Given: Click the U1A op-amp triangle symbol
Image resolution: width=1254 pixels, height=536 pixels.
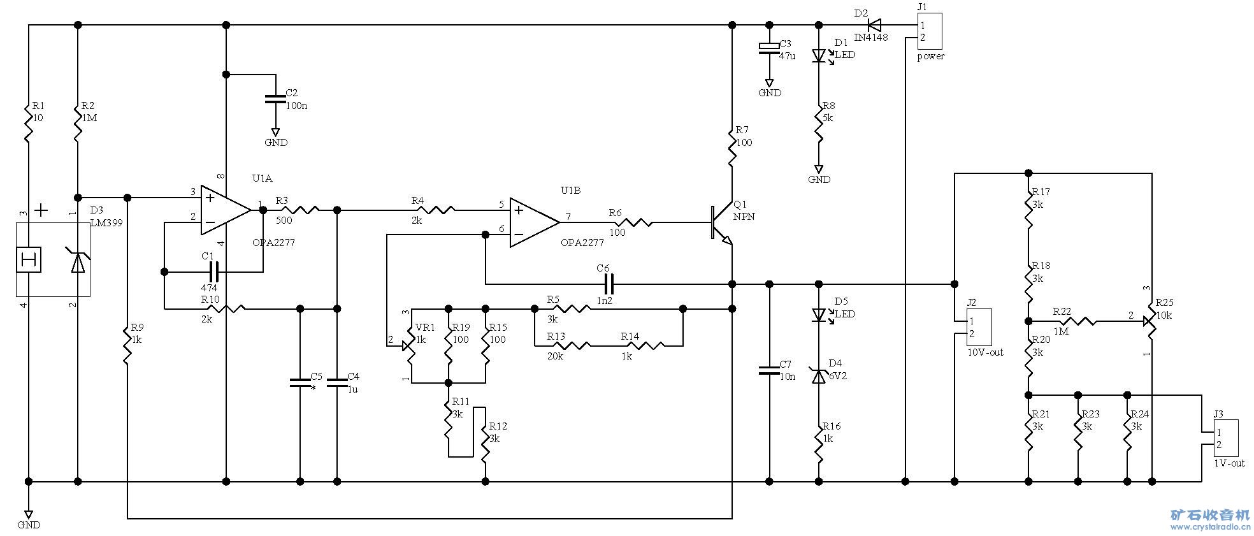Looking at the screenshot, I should click(x=224, y=210).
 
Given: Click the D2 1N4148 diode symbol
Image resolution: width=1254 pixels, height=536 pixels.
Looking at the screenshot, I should click(x=874, y=25).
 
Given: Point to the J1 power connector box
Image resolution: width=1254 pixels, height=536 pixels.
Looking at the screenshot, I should click(x=928, y=31).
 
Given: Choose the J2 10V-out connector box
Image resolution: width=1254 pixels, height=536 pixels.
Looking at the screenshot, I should click(x=978, y=328).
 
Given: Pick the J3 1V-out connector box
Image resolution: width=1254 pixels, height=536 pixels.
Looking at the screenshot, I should click(x=1225, y=438).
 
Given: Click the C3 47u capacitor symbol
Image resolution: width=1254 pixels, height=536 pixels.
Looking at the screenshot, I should click(x=769, y=47).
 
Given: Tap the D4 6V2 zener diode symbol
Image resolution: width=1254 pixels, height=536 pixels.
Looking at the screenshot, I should click(x=819, y=375).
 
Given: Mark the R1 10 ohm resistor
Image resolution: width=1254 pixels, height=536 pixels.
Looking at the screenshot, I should click(x=28, y=124).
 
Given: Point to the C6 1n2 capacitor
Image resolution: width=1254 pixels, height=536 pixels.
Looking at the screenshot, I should click(x=605, y=284).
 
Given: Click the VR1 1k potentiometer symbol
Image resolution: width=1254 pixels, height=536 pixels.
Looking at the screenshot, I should click(x=410, y=346).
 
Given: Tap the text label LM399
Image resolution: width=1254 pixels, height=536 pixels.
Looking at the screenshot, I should click(x=106, y=223).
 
